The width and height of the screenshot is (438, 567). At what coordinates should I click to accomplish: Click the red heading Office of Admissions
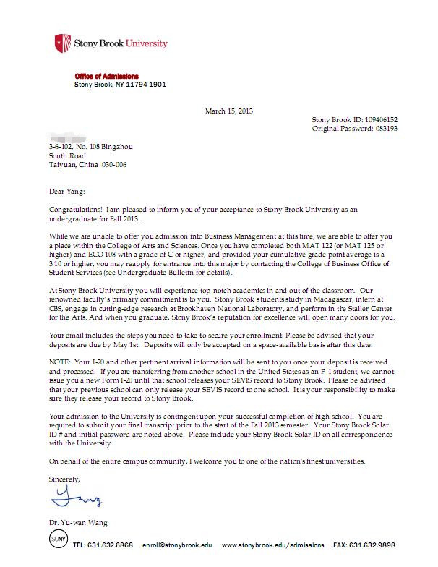(x=107, y=76)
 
